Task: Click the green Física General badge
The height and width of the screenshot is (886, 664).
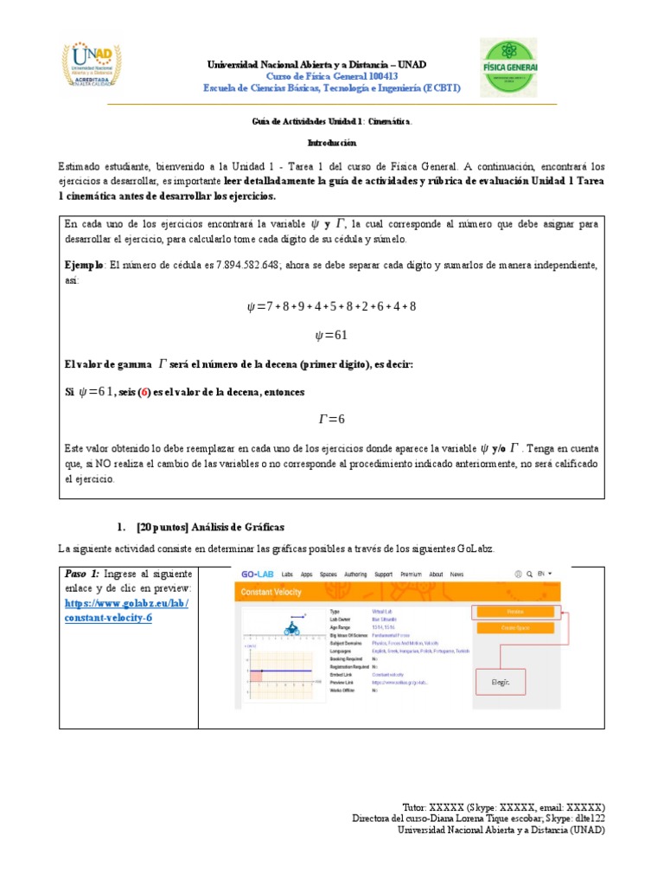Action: [508, 67]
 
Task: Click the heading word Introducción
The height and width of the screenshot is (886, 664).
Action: [332, 142]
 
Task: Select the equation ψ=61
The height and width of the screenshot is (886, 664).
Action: [332, 335]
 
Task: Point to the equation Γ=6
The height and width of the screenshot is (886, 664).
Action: [332, 419]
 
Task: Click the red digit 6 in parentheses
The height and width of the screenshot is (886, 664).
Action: [123, 392]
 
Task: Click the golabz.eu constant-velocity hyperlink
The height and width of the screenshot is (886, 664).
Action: [126, 611]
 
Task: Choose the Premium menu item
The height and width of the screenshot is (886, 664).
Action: [411, 574]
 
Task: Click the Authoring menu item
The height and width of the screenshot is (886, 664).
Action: [354, 574]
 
